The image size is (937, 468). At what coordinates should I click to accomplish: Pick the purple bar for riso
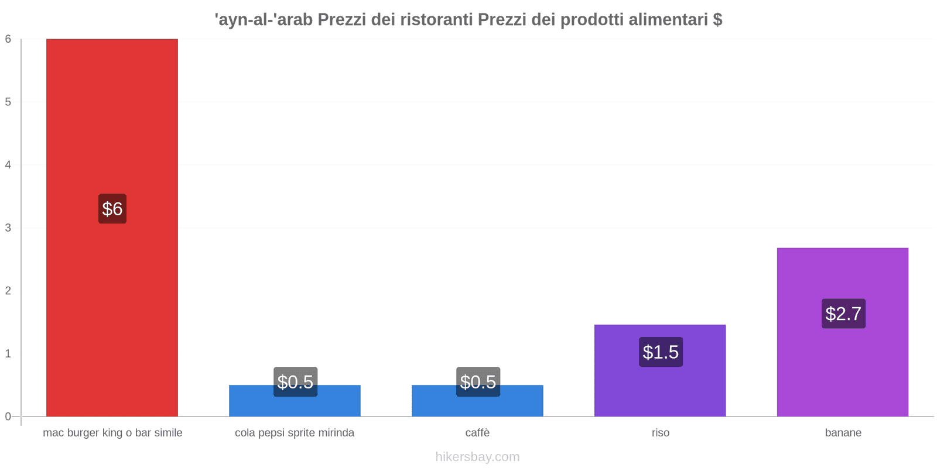click(660, 386)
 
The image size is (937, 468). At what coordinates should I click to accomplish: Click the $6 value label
click(112, 209)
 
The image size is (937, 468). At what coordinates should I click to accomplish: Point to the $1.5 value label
click(660, 352)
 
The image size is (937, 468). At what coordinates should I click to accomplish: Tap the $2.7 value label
click(843, 314)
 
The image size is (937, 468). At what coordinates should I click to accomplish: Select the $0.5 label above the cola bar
click(295, 381)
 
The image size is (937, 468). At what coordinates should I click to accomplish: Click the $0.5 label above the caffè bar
click(478, 381)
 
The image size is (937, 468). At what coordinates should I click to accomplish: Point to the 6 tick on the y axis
click(8, 39)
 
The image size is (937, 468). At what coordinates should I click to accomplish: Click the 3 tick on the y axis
click(8, 228)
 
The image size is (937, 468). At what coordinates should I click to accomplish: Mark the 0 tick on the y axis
click(8, 417)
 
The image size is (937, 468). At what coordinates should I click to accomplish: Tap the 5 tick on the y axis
click(8, 102)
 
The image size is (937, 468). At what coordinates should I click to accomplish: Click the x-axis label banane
click(843, 433)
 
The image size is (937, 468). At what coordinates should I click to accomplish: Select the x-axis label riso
click(660, 433)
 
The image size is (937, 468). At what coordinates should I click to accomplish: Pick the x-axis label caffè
click(477, 433)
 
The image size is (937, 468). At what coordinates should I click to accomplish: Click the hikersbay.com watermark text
click(477, 457)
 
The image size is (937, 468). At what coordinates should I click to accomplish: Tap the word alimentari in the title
click(668, 20)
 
